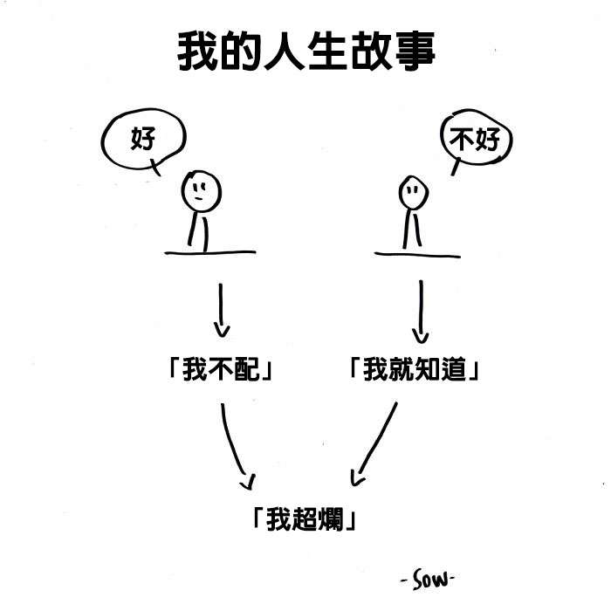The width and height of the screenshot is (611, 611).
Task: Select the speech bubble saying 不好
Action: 475,140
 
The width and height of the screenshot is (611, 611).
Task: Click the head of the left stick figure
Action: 200,189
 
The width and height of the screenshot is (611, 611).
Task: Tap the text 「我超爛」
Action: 303,520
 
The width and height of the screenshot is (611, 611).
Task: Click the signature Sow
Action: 429,579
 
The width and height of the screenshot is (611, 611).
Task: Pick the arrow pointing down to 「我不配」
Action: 221,309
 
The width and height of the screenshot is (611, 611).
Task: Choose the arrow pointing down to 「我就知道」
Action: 422,311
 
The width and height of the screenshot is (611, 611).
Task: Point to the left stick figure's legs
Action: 199,230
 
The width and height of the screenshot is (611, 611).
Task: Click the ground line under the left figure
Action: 209,253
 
